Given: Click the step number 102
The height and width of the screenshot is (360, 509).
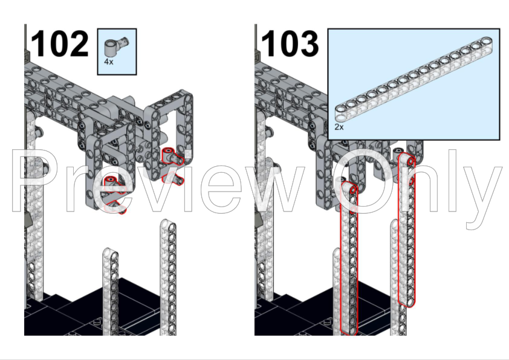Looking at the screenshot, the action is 60,43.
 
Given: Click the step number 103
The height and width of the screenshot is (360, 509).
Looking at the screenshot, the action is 290,43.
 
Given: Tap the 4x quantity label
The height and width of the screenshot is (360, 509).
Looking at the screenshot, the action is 109,62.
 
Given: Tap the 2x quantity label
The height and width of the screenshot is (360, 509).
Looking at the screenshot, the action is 339,127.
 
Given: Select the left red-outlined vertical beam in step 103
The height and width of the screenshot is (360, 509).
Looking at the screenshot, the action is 349,258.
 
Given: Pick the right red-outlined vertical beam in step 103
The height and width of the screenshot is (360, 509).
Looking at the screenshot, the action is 407,230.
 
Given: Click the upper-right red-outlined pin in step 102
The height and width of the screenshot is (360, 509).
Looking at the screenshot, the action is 172,156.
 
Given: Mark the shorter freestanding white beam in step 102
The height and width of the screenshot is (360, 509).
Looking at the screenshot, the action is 110,291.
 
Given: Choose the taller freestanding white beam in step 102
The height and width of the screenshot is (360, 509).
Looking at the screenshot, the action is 168,277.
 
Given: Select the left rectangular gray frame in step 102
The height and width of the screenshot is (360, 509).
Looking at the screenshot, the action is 111,169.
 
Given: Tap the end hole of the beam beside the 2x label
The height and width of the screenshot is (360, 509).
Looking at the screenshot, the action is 341,117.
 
